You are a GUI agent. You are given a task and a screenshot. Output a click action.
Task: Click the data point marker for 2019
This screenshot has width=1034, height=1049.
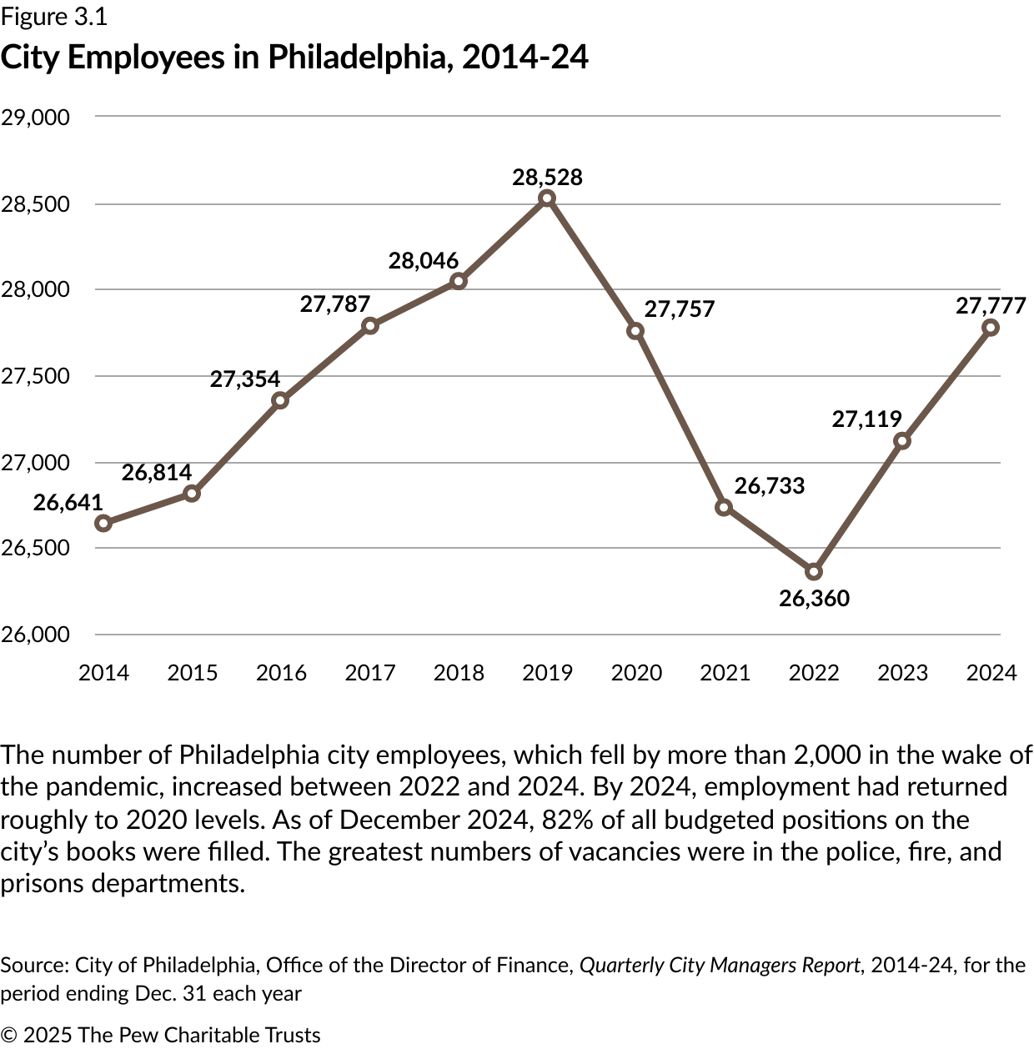tap(547, 198)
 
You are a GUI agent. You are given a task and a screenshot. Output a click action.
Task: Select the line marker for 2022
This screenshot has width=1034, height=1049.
tap(814, 572)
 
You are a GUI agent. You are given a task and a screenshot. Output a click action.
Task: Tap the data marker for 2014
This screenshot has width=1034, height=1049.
tap(103, 523)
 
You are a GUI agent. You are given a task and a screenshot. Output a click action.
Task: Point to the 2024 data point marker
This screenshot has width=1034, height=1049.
tap(991, 328)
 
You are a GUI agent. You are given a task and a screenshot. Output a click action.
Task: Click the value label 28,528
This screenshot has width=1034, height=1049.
tap(547, 177)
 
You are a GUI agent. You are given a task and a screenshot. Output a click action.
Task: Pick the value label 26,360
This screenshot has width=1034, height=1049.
tap(814, 598)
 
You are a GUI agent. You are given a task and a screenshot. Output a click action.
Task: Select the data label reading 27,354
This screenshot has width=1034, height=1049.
tap(244, 379)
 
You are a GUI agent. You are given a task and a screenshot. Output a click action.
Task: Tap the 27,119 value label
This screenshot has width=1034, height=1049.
tap(866, 419)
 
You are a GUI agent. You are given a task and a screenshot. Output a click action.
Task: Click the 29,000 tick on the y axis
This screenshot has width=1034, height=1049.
tap(35, 117)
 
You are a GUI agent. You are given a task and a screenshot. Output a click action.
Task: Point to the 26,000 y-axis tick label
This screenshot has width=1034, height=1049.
tap(35, 635)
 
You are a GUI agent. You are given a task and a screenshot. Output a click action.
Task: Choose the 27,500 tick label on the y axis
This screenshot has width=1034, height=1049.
tap(35, 376)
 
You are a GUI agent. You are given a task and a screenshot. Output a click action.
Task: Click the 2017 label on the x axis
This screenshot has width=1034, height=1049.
tap(369, 673)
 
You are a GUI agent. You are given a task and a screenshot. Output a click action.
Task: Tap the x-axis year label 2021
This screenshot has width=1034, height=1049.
tap(725, 673)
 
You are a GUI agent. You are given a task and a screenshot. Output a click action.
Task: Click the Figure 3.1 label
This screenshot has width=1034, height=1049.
tap(54, 17)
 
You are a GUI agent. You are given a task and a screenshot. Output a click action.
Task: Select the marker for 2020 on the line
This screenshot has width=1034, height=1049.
tap(635, 331)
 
